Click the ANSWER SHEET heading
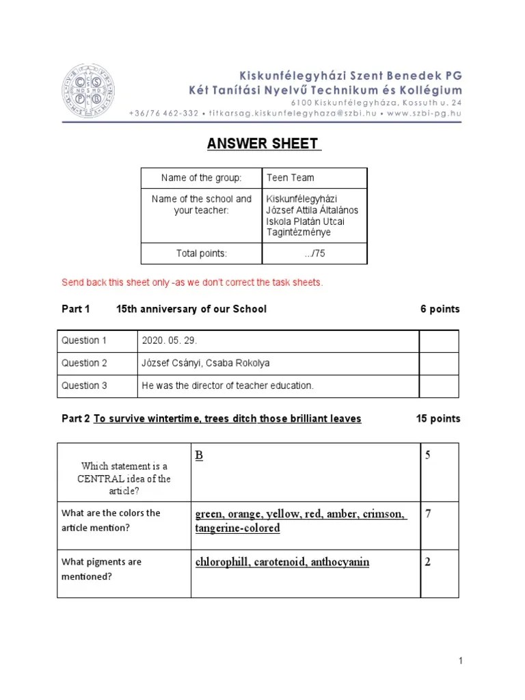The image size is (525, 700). pyautogui.click(x=262, y=144)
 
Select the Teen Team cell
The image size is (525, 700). pyautogui.click(x=291, y=178)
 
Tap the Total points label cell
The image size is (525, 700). pyautogui.click(x=201, y=254)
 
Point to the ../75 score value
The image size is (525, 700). pyautogui.click(x=314, y=254)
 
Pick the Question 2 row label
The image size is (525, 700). pyautogui.click(x=85, y=363)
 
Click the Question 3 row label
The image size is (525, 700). pyautogui.click(x=85, y=386)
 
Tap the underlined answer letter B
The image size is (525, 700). pyautogui.click(x=200, y=455)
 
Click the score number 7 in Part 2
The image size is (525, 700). pyautogui.click(x=428, y=514)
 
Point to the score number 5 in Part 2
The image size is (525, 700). pyautogui.click(x=428, y=455)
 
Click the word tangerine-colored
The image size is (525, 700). pyautogui.click(x=237, y=528)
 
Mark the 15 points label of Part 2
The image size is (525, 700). pyautogui.click(x=437, y=418)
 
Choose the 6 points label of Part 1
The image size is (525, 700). pyautogui.click(x=440, y=309)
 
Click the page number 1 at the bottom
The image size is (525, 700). pyautogui.click(x=461, y=661)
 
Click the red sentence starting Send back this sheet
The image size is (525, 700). pyautogui.click(x=192, y=282)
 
